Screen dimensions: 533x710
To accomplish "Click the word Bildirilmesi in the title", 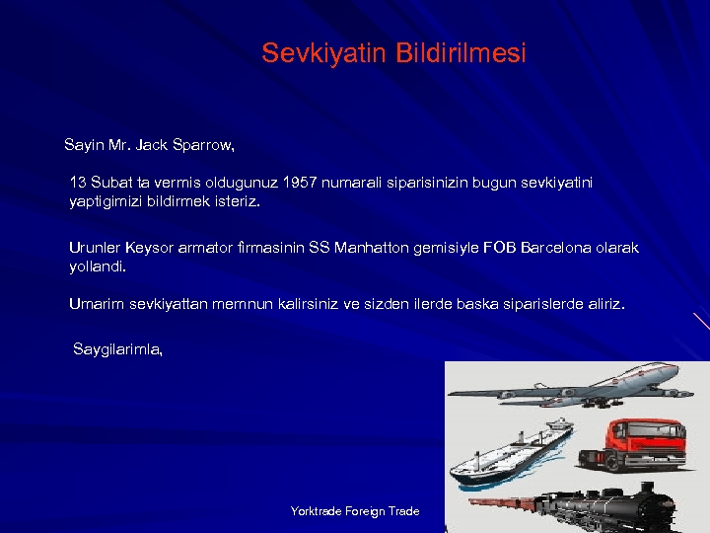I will tap(461, 53).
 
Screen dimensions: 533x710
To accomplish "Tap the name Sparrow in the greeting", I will tap(203, 145).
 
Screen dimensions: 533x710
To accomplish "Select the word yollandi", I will tap(98, 266).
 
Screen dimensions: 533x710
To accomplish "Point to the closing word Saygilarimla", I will tap(117, 349).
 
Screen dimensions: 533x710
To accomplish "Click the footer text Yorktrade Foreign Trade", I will tap(355, 511).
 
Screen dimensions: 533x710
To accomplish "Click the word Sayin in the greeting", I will tap(83, 145).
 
